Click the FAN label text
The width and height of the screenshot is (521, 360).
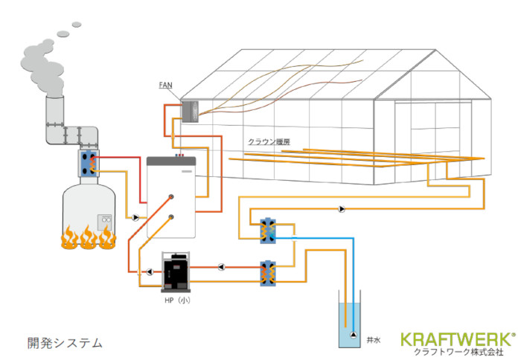(167, 86)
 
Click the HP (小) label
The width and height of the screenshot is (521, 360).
(178, 300)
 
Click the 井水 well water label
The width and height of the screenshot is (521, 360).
(374, 339)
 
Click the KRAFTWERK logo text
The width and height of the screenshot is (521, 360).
(457, 339)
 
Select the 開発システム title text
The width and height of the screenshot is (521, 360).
(65, 343)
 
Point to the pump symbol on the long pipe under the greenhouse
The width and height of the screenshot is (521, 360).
(342, 209)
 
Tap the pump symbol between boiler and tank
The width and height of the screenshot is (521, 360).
(135, 218)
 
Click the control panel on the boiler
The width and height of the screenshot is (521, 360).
(105, 221)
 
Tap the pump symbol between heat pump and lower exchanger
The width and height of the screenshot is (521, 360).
(222, 266)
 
